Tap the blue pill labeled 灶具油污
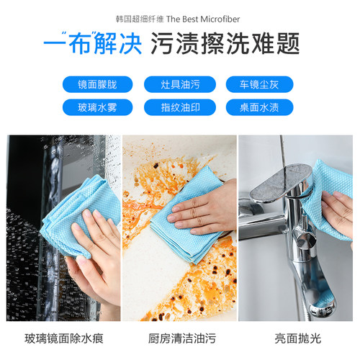click(x=180, y=84)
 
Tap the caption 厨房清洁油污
click(x=180, y=337)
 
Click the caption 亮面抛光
click(x=297, y=337)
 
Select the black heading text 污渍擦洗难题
click(x=224, y=45)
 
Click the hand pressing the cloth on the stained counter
click(x=209, y=205)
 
